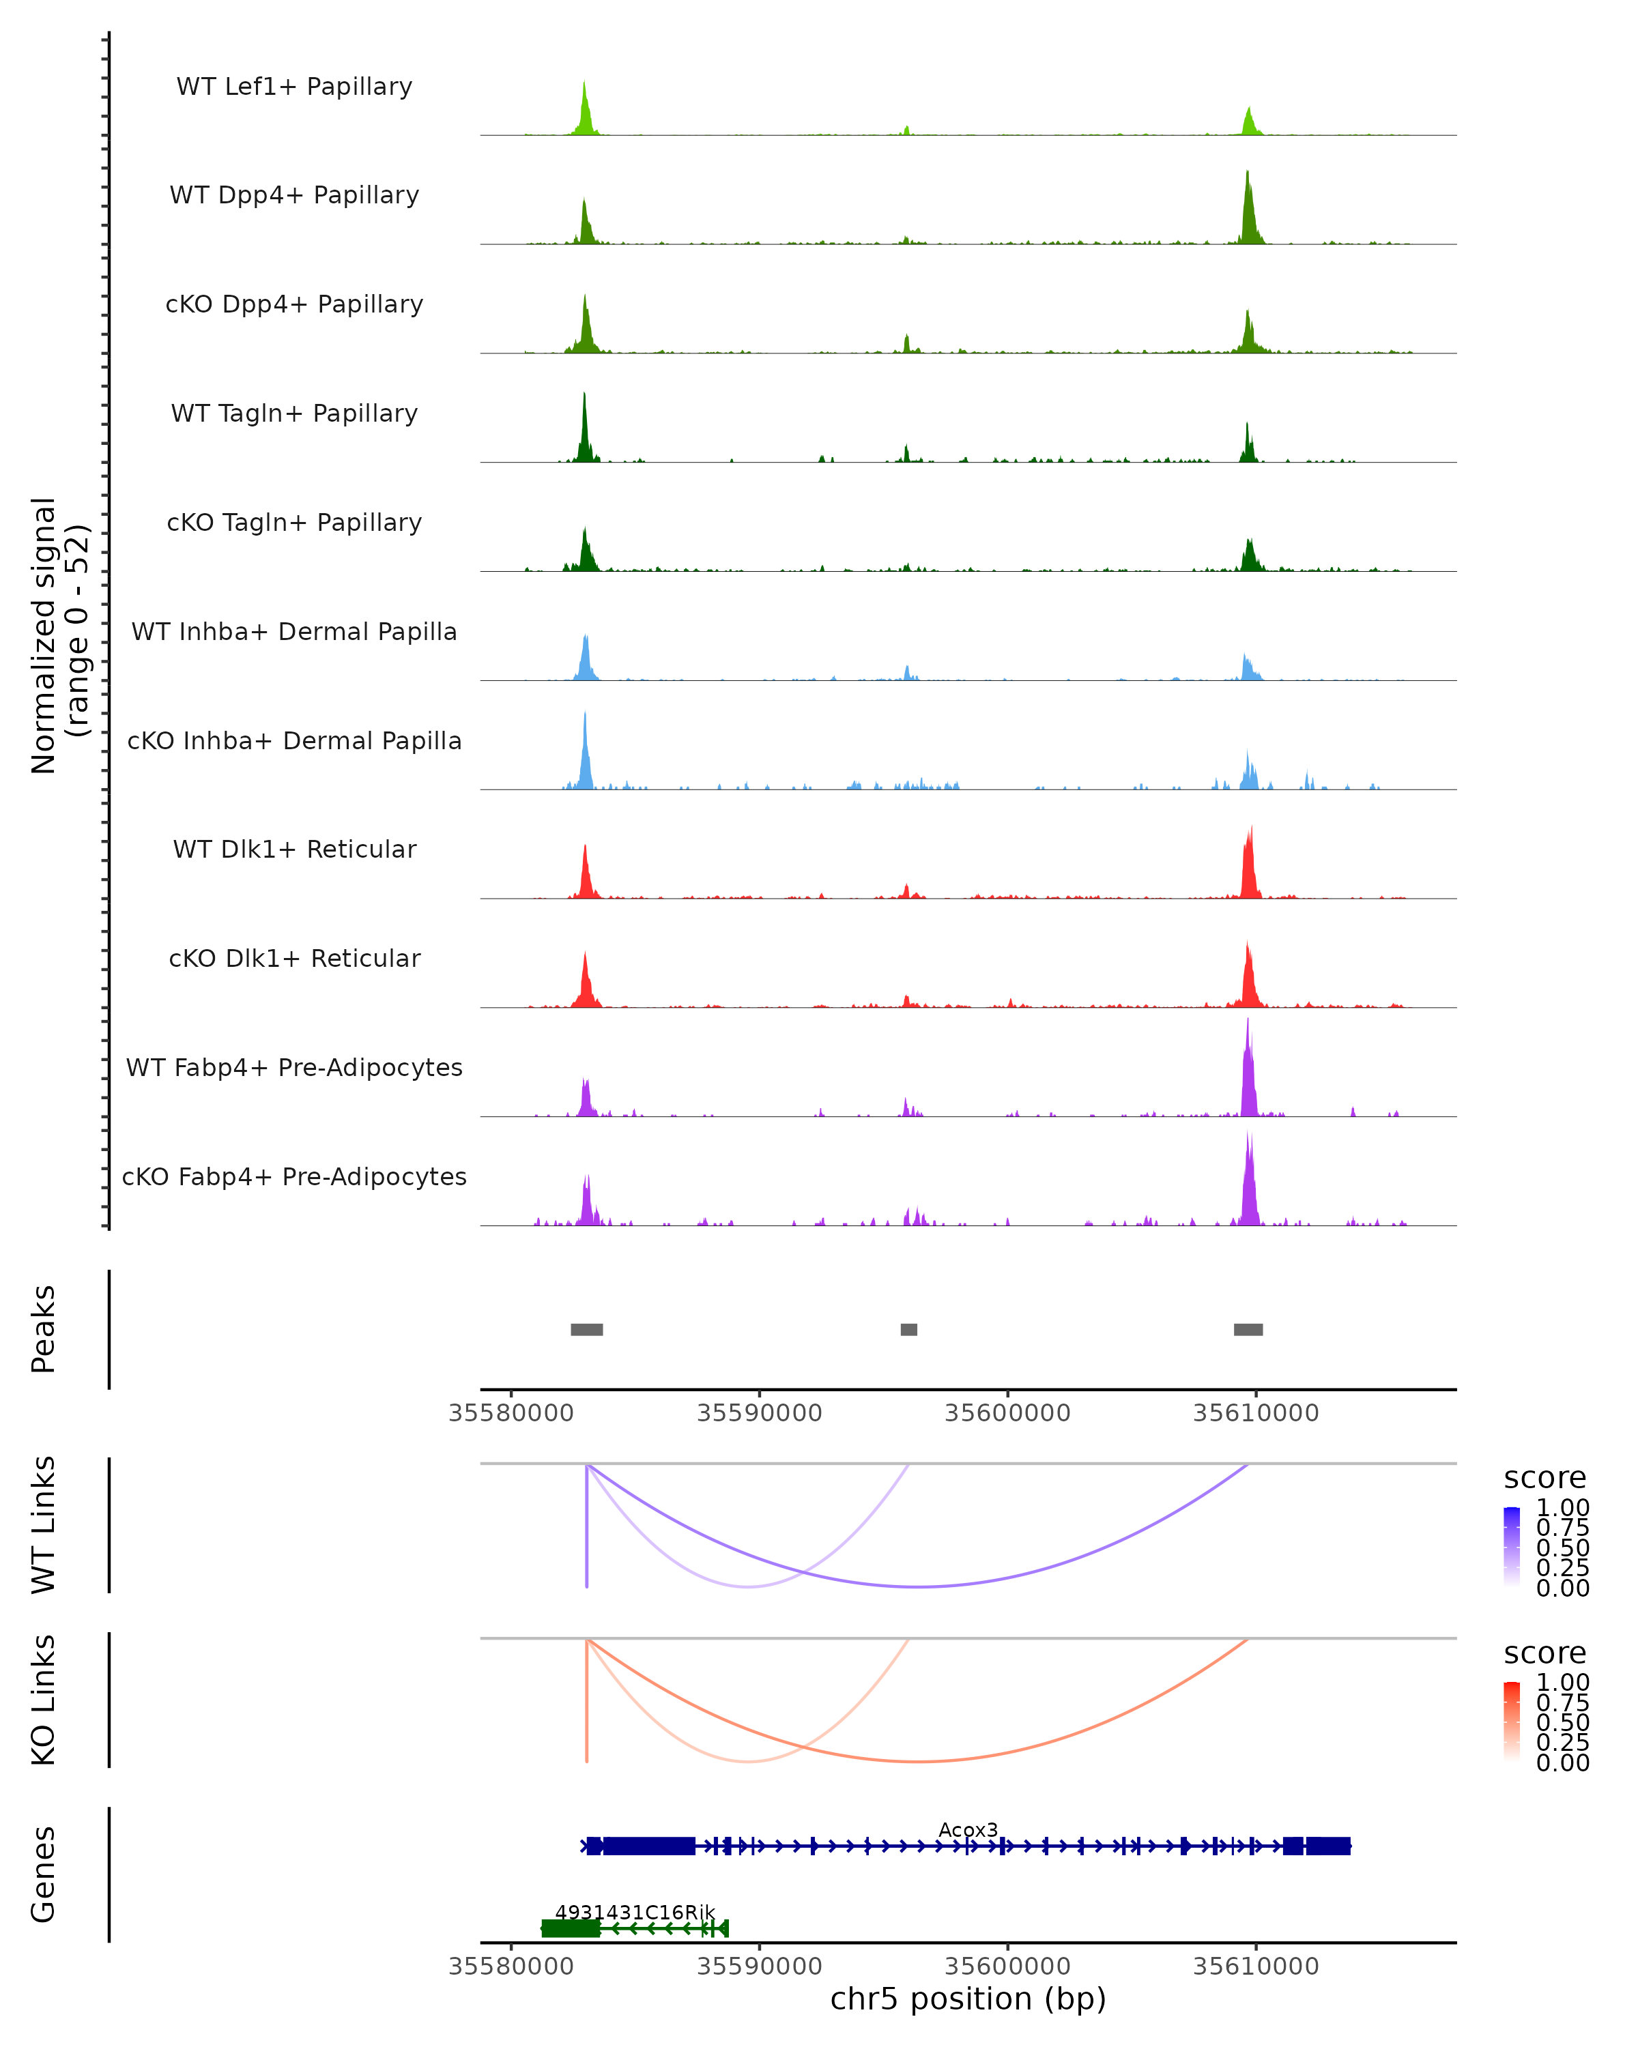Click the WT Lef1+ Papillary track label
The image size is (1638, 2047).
pyautogui.click(x=294, y=87)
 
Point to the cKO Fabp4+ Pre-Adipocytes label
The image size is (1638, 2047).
pyautogui.click(x=294, y=1176)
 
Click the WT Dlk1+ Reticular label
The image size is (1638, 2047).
pyautogui.click(x=294, y=849)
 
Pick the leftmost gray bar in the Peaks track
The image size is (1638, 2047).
pyautogui.click(x=587, y=1329)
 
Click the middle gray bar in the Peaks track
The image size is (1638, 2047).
pyautogui.click(x=908, y=1329)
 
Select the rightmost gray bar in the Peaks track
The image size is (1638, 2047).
pyautogui.click(x=1248, y=1329)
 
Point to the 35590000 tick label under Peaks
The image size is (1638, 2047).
pyautogui.click(x=759, y=1413)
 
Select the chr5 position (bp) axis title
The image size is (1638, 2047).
pyautogui.click(x=968, y=1999)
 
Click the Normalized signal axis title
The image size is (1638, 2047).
pyautogui.click(x=59, y=635)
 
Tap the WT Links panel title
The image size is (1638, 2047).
pyautogui.click(x=44, y=1525)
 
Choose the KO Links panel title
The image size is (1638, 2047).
pyautogui.click(x=44, y=1700)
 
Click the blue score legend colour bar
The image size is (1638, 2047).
pyautogui.click(x=1512, y=1547)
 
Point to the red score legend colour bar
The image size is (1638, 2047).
pyautogui.click(x=1512, y=1722)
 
